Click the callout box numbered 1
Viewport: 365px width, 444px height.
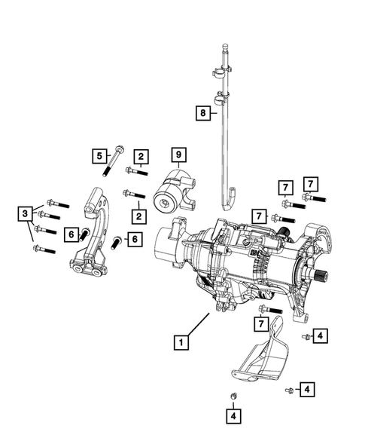point(181,341)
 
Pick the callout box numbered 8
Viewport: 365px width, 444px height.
point(202,113)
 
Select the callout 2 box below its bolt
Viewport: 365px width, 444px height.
point(138,216)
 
